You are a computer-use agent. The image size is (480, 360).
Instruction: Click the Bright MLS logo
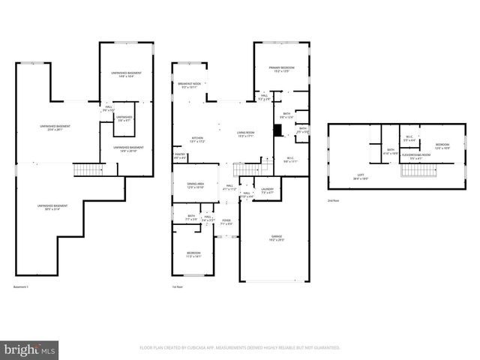click(30, 349)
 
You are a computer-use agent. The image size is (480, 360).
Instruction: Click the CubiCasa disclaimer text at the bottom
click(240, 348)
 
